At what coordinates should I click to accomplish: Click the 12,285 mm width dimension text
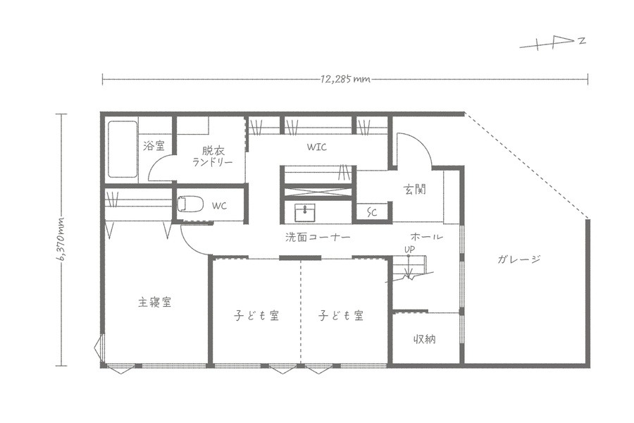click(x=345, y=79)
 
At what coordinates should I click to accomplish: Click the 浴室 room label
click(x=154, y=146)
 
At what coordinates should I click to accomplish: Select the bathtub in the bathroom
click(x=122, y=149)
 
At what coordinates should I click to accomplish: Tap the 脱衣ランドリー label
click(x=211, y=155)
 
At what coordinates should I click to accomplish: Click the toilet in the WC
click(x=189, y=204)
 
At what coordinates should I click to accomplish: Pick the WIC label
click(x=316, y=147)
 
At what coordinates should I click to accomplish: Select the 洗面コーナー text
click(x=318, y=238)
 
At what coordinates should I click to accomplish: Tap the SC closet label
click(x=371, y=212)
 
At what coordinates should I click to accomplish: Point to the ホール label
click(x=426, y=237)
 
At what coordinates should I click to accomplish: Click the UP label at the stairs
click(x=409, y=250)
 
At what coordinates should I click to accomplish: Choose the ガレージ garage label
click(x=518, y=259)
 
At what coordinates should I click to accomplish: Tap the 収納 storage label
click(x=424, y=339)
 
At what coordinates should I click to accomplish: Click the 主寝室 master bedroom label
click(x=154, y=302)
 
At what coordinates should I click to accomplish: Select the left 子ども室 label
click(x=256, y=315)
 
